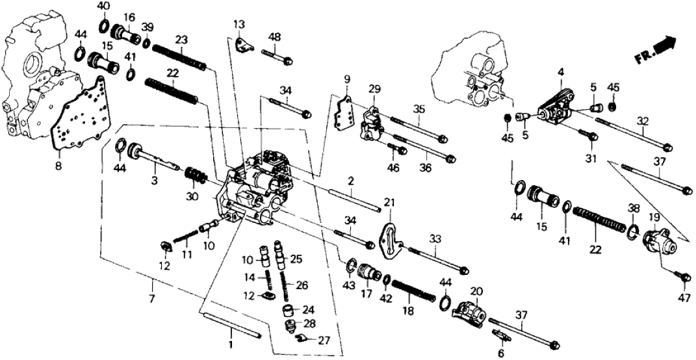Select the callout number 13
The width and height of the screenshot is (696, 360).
click(x=240, y=25)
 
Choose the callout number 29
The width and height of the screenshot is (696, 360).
click(x=373, y=88)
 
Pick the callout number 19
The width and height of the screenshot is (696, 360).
click(x=654, y=218)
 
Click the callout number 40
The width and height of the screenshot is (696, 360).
click(x=103, y=6)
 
